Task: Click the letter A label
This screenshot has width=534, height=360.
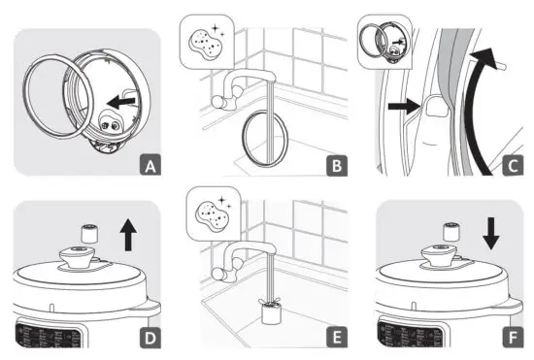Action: coord(148,165)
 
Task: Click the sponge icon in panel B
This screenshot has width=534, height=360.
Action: coord(205,43)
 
